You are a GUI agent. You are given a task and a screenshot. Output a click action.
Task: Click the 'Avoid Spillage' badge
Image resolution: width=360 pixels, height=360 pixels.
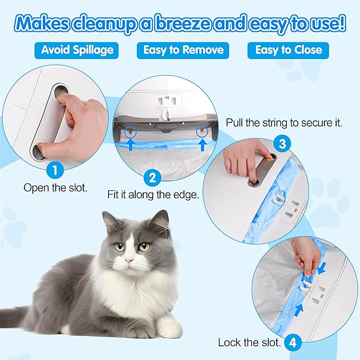coord(77,50)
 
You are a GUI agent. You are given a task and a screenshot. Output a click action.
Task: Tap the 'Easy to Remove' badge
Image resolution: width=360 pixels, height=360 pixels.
coord(183,50)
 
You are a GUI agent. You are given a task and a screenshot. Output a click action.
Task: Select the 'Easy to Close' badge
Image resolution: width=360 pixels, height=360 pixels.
coord(288,50)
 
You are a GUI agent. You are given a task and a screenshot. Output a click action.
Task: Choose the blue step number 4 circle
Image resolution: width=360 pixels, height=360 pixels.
coord(292,343)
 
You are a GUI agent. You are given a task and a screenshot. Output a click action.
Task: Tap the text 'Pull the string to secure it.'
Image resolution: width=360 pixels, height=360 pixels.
coord(284,123)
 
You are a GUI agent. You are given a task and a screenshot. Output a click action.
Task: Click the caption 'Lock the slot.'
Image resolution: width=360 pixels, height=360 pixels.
coord(249,343)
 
